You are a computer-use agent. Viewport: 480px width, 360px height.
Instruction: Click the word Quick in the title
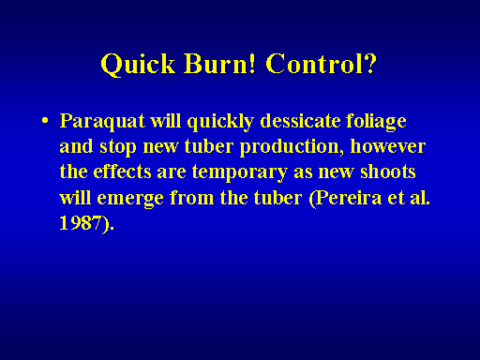point(138,64)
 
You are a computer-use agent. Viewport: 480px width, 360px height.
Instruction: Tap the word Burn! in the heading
point(219,64)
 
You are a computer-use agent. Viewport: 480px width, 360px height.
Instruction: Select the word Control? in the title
point(322,64)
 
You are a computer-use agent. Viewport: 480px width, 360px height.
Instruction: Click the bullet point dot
point(45,120)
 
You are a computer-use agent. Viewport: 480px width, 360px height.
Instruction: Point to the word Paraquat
point(102,121)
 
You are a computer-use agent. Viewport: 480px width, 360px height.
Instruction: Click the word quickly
point(220,121)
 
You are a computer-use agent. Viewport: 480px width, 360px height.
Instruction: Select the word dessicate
point(300,121)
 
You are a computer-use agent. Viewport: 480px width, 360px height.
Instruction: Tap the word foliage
point(376,121)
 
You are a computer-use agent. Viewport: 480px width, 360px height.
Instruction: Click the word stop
point(118,147)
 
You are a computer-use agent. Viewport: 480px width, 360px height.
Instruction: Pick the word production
point(290,147)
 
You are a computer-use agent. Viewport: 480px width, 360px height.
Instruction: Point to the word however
point(388,146)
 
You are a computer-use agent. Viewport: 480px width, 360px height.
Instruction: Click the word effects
point(122,172)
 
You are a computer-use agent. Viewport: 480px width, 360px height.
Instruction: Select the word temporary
point(239,172)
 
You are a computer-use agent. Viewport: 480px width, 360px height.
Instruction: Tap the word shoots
point(388,172)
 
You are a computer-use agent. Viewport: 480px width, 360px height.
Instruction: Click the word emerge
point(130,199)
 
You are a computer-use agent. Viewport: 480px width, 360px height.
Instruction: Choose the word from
point(191,197)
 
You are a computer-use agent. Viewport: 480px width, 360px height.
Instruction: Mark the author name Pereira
point(345,198)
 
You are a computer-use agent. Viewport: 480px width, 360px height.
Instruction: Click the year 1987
point(81,223)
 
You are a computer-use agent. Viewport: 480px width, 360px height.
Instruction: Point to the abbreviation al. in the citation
point(420,197)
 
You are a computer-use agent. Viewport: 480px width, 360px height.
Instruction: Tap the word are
point(172,172)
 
